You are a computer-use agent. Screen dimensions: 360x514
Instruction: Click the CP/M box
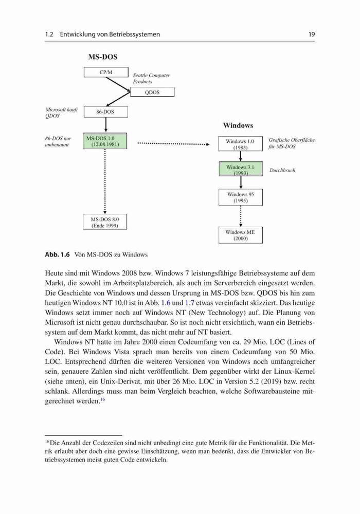[x=106, y=72]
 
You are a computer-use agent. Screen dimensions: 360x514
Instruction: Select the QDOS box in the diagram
[x=152, y=92]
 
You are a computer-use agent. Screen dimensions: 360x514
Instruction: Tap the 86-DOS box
[x=105, y=112]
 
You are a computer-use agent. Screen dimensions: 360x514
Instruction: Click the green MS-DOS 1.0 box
[x=105, y=141]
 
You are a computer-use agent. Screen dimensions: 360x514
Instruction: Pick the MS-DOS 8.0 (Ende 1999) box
[x=105, y=222]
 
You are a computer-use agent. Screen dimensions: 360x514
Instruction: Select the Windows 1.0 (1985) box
[x=241, y=144]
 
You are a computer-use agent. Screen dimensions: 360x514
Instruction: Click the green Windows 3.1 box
[x=241, y=170]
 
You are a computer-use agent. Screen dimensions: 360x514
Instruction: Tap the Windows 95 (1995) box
[x=241, y=197]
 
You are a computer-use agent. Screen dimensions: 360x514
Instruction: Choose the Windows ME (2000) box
[x=241, y=235]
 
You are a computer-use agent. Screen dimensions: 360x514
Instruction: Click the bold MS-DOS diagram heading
[x=103, y=57]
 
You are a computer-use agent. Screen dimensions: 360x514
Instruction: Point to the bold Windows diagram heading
[x=238, y=125]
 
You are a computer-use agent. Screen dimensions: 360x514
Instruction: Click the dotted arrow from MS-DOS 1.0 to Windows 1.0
[x=173, y=143]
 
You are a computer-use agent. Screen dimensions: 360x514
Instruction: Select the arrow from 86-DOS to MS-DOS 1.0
[x=105, y=124]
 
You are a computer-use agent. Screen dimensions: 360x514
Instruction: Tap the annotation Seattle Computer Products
[x=152, y=78]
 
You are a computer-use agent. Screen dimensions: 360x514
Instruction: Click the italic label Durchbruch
[x=282, y=170]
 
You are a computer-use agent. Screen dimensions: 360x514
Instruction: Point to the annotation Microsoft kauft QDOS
[x=61, y=113]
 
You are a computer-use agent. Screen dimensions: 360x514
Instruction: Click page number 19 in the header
[x=312, y=34]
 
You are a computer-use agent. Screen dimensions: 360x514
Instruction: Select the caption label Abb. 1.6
[x=58, y=255]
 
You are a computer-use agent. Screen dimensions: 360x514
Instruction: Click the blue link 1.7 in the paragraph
[x=190, y=303]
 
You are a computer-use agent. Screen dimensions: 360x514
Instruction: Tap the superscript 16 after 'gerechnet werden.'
[x=103, y=399]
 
